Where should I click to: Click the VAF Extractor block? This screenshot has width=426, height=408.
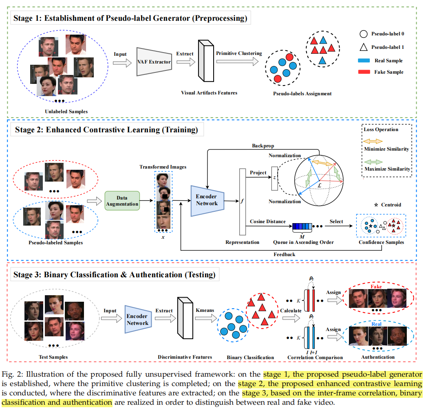point(154,62)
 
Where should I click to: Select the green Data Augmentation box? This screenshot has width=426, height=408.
point(122,200)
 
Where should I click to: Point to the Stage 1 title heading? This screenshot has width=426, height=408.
point(130,18)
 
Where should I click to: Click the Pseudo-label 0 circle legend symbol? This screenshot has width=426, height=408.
point(363,34)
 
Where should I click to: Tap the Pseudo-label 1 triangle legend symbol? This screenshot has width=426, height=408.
point(363,47)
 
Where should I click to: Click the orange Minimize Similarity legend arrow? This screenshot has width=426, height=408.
point(373,141)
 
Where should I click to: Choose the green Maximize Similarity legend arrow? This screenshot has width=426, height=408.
point(373,161)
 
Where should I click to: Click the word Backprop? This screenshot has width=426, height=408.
point(263,145)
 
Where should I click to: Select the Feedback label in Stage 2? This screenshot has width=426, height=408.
point(284,254)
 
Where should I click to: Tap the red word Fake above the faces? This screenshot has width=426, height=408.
point(376,287)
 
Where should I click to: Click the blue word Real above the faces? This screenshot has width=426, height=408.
point(376,324)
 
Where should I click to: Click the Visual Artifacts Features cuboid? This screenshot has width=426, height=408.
point(203,60)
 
